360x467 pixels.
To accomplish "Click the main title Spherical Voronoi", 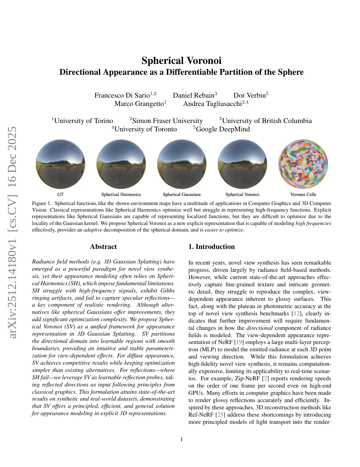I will (x=181, y=61).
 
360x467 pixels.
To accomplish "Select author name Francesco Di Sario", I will (x=122, y=95).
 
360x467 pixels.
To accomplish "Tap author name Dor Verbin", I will (x=249, y=95).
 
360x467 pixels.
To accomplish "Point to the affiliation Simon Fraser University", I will (x=167, y=121).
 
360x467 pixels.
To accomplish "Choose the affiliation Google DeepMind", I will (x=223, y=129).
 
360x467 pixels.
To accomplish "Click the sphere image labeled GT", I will (x=61, y=164).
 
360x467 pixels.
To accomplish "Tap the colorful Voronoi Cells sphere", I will (x=303, y=164).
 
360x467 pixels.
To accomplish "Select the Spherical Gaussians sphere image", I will (x=182, y=164).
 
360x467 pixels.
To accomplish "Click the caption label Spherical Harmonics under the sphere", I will (x=121, y=194).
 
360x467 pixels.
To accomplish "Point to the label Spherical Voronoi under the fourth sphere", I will (x=242, y=194).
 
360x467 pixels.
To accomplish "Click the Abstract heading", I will (x=103, y=247).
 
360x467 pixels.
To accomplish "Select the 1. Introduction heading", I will (x=211, y=247).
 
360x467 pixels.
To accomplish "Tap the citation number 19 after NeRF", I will (x=239, y=342).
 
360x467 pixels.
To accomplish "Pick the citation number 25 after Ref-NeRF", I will (x=220, y=415).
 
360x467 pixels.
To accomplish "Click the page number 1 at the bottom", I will (x=182, y=440).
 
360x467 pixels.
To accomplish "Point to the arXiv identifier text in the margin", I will (x=12, y=232).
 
